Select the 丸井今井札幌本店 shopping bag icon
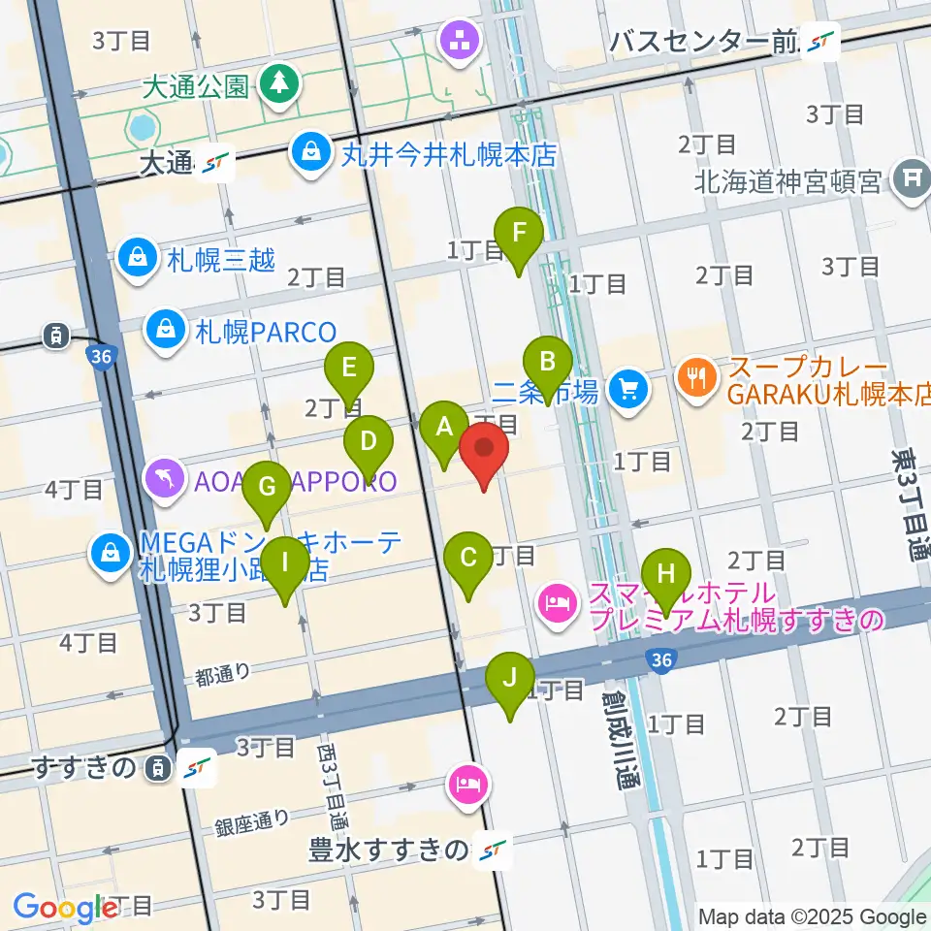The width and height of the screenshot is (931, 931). (x=311, y=152)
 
